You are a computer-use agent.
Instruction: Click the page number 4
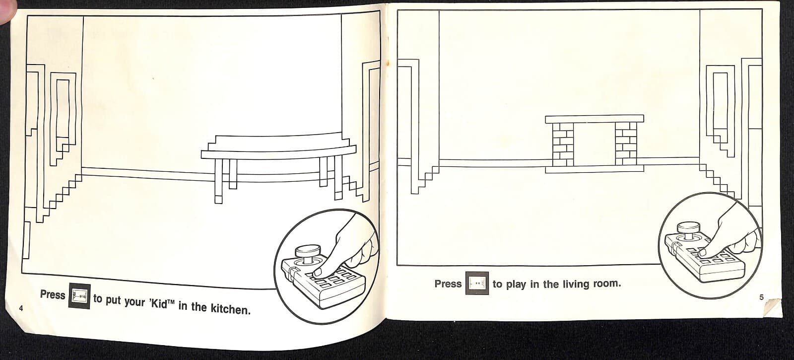(x=21, y=308)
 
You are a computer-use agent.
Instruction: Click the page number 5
(x=761, y=297)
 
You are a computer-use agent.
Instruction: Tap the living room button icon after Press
(x=477, y=284)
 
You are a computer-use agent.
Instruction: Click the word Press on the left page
(x=53, y=294)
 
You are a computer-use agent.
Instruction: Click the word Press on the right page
(x=448, y=284)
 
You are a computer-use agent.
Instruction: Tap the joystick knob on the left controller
(x=308, y=250)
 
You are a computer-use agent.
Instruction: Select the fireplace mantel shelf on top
(x=594, y=119)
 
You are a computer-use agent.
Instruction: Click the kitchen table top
(x=278, y=151)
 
